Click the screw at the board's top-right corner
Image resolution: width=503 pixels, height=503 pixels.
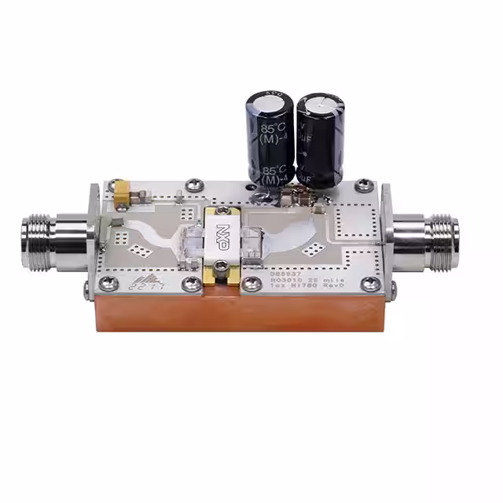point(362,185)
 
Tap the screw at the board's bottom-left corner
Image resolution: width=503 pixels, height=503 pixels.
point(110,284)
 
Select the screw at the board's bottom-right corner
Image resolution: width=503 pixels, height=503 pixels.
point(369,285)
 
